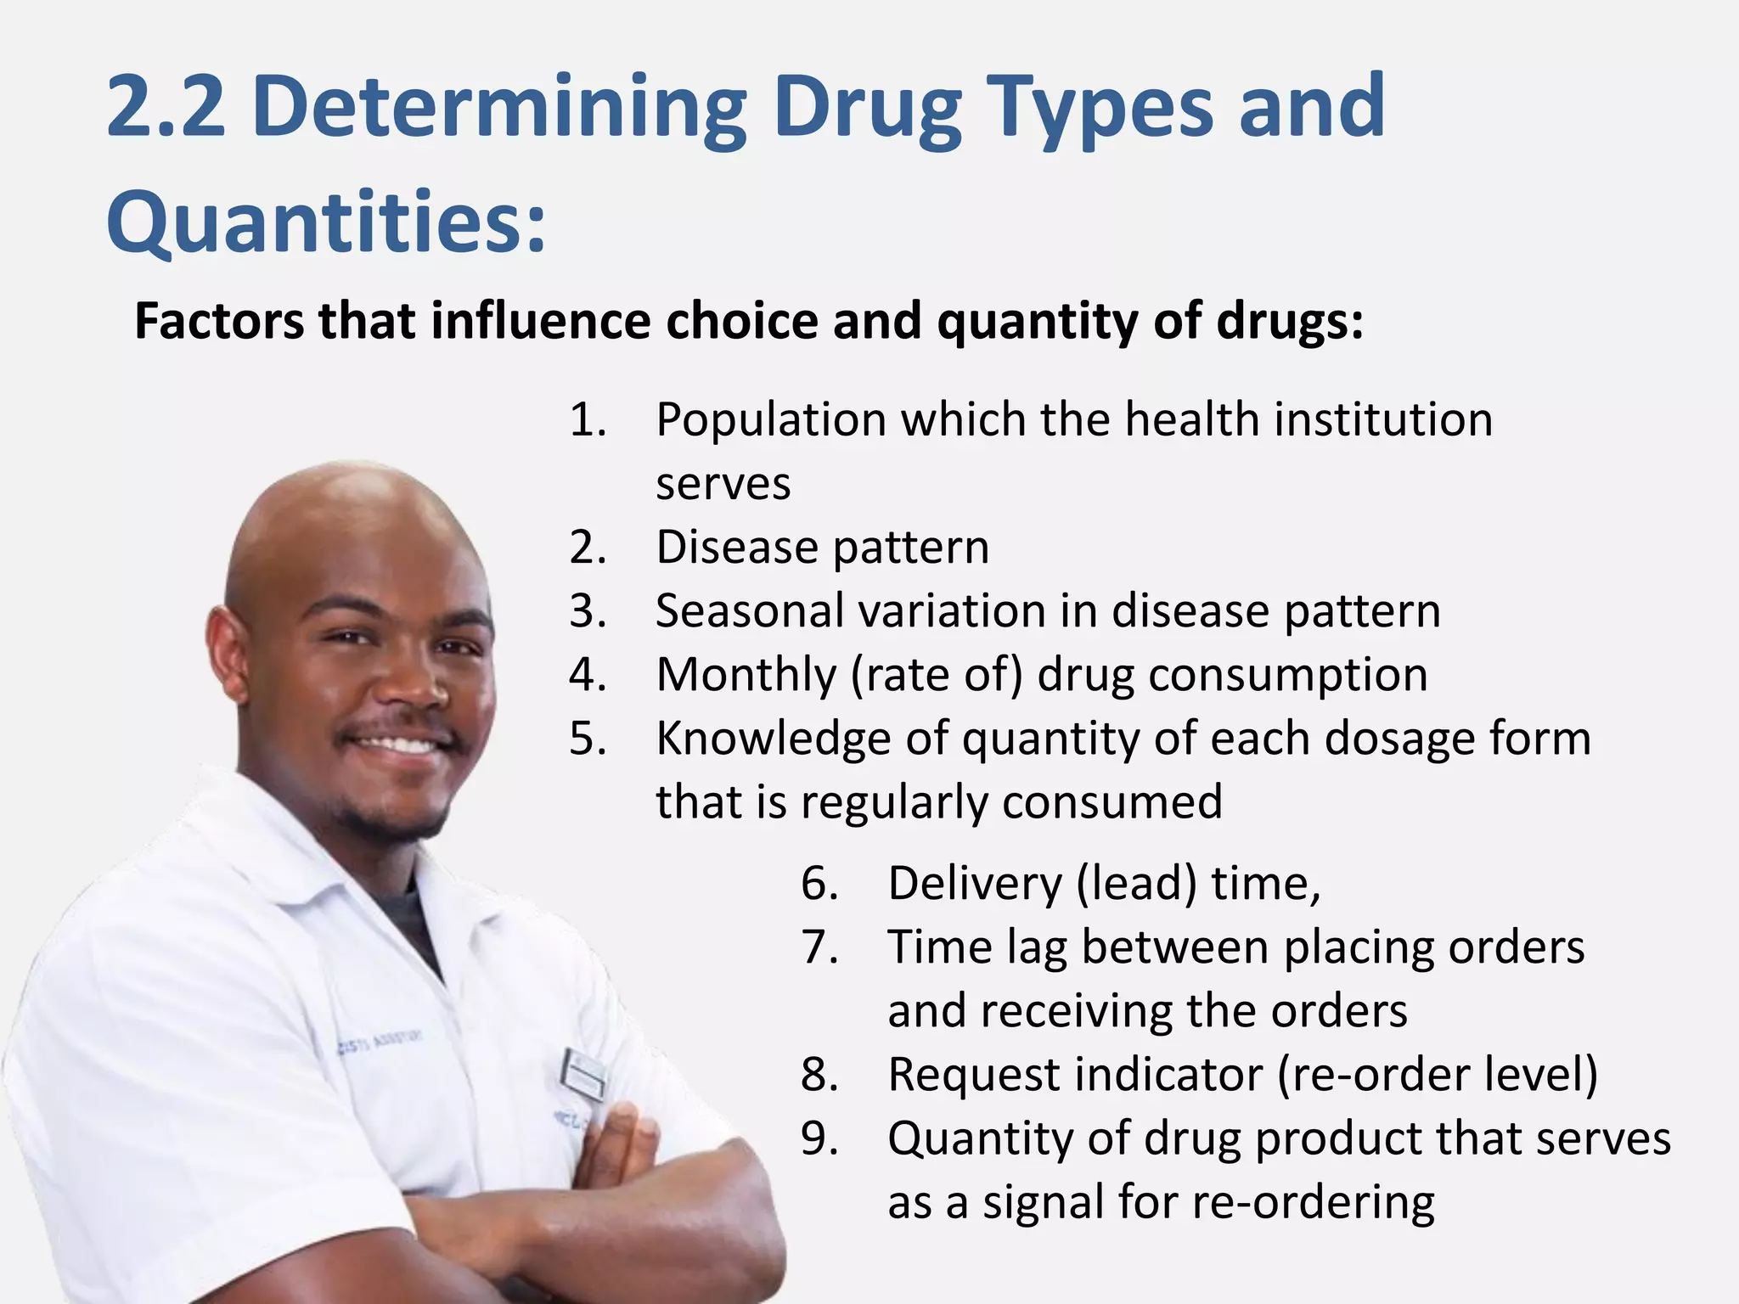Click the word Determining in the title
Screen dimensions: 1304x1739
pos(499,107)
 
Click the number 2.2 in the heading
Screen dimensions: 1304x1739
pos(166,107)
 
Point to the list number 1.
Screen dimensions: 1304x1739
pos(588,420)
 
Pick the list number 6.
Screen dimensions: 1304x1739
pos(819,884)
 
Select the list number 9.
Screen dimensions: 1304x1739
pos(819,1139)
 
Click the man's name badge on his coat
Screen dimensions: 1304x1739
pos(582,1074)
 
